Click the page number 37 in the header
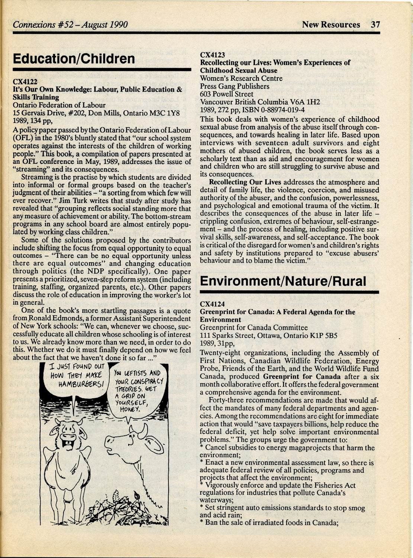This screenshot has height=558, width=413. [375, 25]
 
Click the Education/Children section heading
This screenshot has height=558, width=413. [74, 59]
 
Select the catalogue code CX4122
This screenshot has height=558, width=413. [25, 81]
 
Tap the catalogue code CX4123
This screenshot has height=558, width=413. [213, 55]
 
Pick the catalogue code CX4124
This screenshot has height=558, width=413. [213, 304]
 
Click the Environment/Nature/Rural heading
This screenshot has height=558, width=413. [283, 281]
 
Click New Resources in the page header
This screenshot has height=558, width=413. [331, 25]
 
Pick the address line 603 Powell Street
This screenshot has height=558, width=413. [227, 94]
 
